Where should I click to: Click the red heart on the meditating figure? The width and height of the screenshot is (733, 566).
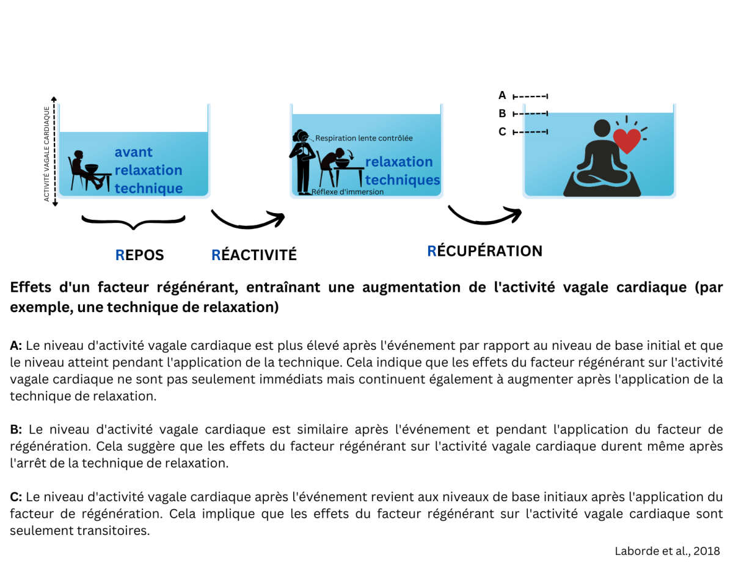[x=627, y=140]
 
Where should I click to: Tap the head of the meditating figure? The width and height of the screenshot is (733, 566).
[x=603, y=129]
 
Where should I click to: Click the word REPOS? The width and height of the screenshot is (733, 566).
[x=140, y=255]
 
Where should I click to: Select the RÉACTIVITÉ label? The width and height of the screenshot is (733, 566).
[x=253, y=255]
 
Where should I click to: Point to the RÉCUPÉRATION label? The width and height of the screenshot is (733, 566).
[x=484, y=251]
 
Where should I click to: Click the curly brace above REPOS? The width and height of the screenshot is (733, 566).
[x=133, y=221]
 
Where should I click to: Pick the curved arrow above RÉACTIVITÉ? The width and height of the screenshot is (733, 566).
[x=247, y=220]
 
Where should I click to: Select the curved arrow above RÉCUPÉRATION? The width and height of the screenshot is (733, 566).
[x=484, y=214]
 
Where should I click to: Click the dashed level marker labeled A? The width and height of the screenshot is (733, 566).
[x=530, y=96]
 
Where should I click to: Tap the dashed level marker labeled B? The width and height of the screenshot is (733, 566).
[x=530, y=114]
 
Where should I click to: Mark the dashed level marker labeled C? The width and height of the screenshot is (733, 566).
[x=530, y=132]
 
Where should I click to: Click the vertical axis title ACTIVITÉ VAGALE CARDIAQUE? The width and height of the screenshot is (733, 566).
[x=47, y=154]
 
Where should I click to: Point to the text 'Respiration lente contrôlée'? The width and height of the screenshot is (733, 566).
[x=364, y=138]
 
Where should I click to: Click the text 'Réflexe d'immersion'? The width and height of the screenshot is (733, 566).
[x=348, y=192]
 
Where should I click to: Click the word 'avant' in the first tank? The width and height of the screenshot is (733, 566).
[x=134, y=152]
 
